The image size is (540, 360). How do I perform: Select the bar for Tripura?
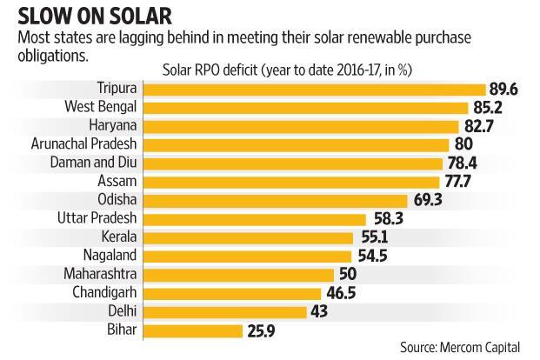(x=313, y=89)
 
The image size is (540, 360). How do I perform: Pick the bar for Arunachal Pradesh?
(x=295, y=143)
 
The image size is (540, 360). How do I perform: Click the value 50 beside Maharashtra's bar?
(x=349, y=275)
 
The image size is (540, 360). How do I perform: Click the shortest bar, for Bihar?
(x=191, y=330)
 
